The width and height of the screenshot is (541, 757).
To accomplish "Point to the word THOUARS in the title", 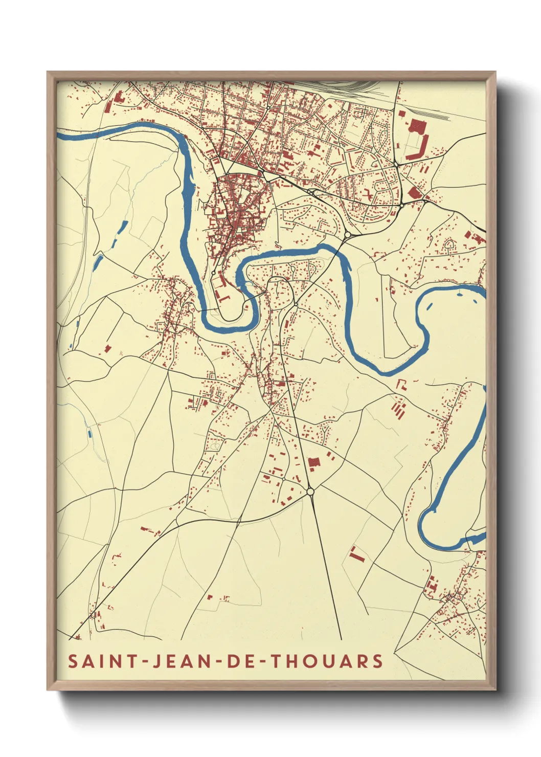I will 326,661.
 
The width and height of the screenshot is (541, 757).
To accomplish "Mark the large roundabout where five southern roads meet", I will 310,492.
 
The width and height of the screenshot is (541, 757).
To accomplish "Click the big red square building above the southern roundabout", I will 313,463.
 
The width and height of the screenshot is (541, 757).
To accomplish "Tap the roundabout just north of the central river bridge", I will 347,235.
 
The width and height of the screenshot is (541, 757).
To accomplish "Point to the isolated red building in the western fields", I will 108,348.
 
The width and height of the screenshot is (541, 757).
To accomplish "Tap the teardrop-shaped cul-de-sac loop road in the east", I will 450,246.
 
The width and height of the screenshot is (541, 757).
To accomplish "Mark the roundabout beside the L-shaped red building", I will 396,164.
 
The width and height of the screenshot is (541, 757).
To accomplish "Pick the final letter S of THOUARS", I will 377,661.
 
